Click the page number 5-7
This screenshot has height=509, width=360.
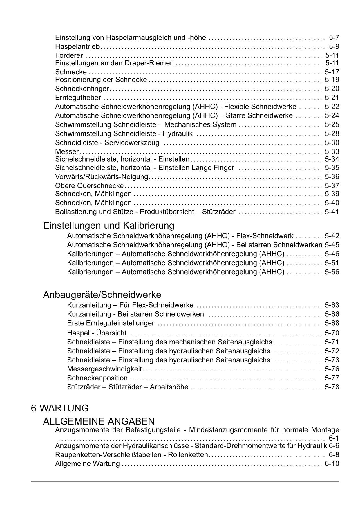click(334, 38)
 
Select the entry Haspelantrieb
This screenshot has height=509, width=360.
click(77, 47)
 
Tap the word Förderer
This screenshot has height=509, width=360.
click(69, 55)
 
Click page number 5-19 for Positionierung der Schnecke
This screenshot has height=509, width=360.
click(332, 80)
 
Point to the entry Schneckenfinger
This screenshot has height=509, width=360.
click(82, 89)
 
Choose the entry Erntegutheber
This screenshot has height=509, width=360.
click(78, 98)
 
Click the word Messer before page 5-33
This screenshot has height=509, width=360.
click(67, 151)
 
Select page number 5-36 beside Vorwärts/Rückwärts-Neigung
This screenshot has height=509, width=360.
click(332, 177)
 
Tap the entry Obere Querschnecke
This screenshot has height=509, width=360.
click(89, 186)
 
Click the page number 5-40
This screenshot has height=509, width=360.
click(332, 203)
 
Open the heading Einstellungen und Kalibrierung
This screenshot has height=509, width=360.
click(108, 225)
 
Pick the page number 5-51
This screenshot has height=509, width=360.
click(332, 263)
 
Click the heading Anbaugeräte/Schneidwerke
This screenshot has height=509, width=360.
click(102, 295)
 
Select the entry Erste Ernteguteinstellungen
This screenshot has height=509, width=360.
click(111, 323)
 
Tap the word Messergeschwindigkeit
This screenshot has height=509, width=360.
click(104, 369)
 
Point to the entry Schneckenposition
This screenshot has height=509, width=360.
click(97, 378)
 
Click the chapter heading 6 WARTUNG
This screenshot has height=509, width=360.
click(60, 408)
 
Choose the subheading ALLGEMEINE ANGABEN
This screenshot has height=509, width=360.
click(99, 421)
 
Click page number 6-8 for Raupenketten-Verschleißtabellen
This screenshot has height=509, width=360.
click(334, 455)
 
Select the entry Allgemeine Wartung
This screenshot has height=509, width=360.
click(87, 464)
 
